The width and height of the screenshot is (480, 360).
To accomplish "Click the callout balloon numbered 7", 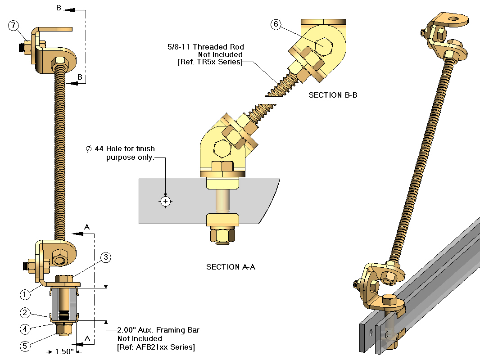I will click(x=14, y=26).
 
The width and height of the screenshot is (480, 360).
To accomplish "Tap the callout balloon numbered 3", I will click(x=105, y=257).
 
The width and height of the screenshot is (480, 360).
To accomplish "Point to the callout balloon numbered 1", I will click(x=25, y=294).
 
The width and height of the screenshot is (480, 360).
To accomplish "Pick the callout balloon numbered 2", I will click(x=25, y=313).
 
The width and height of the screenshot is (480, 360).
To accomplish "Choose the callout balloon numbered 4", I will click(x=25, y=329).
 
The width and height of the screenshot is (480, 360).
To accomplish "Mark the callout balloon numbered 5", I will click(x=25, y=346).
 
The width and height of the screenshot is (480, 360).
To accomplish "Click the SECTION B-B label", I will click(x=333, y=95).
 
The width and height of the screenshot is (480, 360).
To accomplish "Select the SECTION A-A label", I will click(x=231, y=267).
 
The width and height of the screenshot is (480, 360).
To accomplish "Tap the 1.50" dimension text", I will click(x=64, y=351).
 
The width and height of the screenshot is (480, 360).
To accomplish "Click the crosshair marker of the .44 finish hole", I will click(x=166, y=201).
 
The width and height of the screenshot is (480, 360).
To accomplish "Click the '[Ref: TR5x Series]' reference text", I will click(x=210, y=62).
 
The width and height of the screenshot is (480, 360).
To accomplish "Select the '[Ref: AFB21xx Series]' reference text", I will click(x=156, y=347).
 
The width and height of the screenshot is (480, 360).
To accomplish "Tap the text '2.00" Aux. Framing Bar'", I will click(x=158, y=330).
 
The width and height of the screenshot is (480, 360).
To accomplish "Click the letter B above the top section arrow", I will click(x=59, y=8).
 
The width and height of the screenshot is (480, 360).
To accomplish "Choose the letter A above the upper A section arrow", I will click(x=87, y=228).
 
